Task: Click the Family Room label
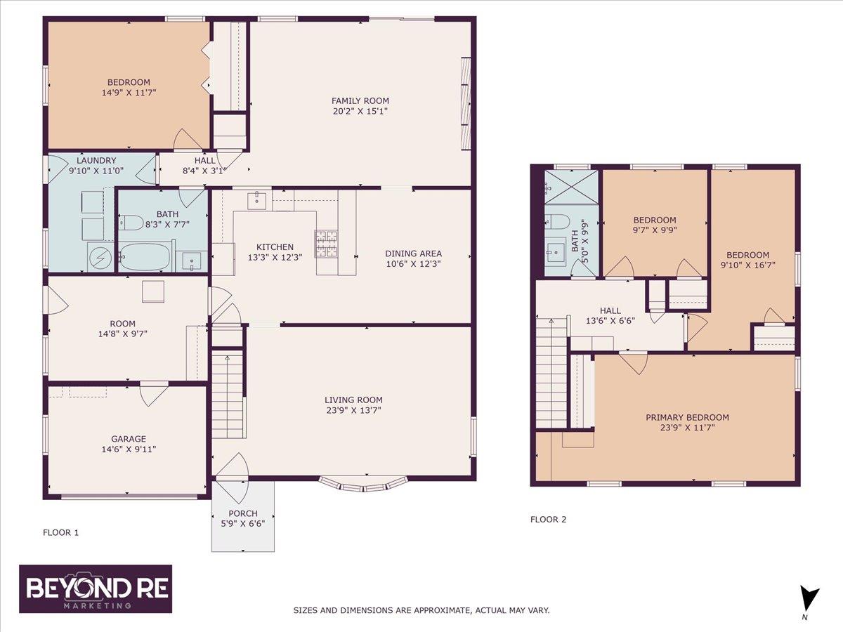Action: [x=360, y=100]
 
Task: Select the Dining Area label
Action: [x=413, y=254]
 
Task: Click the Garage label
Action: [x=128, y=439]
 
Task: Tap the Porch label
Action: [x=243, y=513]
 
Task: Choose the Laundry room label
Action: [x=96, y=160]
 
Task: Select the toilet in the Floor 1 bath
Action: [x=130, y=223]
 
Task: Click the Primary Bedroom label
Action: [x=687, y=417]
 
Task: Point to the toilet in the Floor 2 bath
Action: [x=556, y=222]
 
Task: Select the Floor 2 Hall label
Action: [x=610, y=310]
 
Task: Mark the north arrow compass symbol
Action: [x=809, y=599]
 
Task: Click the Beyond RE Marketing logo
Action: [x=96, y=588]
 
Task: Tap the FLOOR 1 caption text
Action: [x=61, y=532]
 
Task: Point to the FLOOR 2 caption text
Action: [x=548, y=520]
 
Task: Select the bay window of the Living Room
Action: [x=363, y=483]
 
